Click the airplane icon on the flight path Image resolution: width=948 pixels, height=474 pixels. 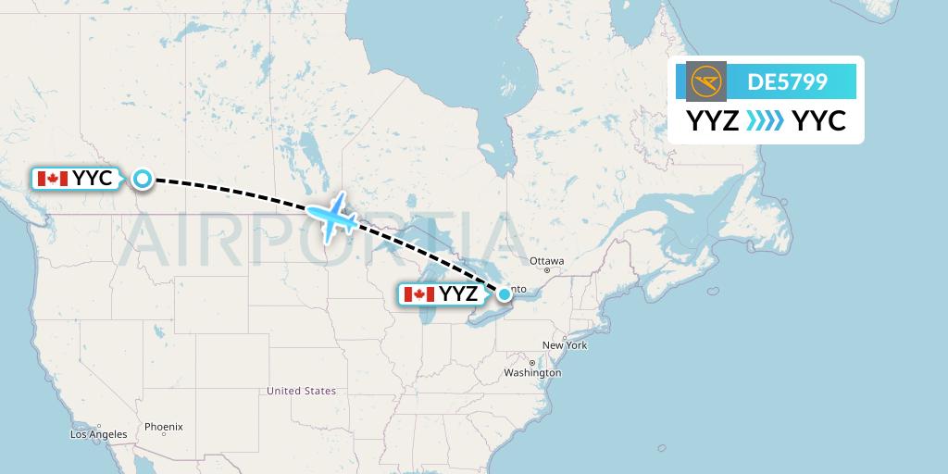[332, 218]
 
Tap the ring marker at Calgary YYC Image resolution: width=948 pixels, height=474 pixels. [142, 179]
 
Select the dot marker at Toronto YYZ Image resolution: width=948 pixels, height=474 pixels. [504, 294]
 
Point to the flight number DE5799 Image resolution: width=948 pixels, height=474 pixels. [787, 81]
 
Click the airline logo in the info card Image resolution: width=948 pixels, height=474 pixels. [706, 81]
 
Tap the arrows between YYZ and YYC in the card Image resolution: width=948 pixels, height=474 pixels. [765, 120]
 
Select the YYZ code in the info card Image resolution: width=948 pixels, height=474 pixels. [712, 120]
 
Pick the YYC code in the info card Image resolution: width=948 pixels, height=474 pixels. [818, 120]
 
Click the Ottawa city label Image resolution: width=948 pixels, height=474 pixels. [546, 261]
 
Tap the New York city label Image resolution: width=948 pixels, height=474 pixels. [565, 345]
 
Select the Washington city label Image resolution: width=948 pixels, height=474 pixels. [532, 373]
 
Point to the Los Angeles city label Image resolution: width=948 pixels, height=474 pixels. [98, 434]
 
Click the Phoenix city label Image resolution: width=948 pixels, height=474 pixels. [163, 427]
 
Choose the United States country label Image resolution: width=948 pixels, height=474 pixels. [301, 391]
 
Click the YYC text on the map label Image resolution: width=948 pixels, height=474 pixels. [93, 179]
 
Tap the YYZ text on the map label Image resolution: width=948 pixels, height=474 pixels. [458, 294]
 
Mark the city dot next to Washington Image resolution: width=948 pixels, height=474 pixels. [532, 362]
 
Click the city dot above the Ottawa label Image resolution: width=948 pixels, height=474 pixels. [547, 250]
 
